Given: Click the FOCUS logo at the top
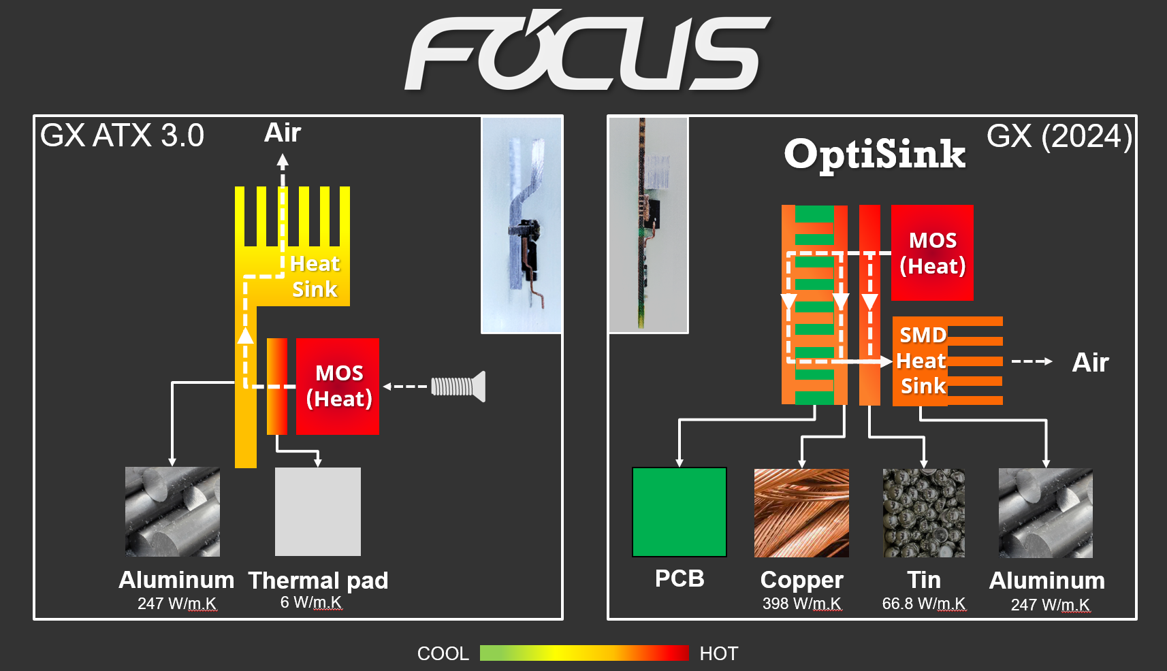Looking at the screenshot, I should [x=587, y=51].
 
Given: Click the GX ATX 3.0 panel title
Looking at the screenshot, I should [x=123, y=135].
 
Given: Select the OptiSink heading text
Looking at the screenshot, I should [x=874, y=154].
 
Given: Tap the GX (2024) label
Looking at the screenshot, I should [x=1059, y=136].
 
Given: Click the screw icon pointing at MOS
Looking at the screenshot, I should [x=458, y=387].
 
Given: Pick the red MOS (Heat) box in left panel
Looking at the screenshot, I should [x=338, y=386].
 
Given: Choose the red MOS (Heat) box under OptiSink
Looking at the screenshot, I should [x=932, y=252].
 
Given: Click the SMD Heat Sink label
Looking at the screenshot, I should [x=921, y=361].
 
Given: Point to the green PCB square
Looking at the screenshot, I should [x=679, y=512].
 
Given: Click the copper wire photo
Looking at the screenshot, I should [x=801, y=512].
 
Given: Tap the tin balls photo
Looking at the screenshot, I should [x=923, y=512].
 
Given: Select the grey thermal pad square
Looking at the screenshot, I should [x=317, y=511].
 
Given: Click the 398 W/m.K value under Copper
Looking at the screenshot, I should [x=801, y=604].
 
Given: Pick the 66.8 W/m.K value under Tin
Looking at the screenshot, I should [x=923, y=604].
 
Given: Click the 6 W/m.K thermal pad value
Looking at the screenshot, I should [x=311, y=602].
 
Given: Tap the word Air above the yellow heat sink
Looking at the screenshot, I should [x=282, y=133].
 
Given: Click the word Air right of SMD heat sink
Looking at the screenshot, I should [x=1090, y=362].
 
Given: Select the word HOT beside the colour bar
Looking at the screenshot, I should [x=718, y=653].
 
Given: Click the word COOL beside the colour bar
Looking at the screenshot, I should [x=443, y=653].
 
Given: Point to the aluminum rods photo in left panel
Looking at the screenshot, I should [x=172, y=511].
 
